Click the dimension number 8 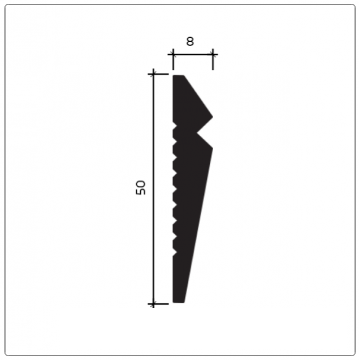click(x=190, y=42)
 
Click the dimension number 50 click(x=141, y=187)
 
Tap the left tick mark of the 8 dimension click(x=173, y=55)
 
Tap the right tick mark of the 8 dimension click(x=213, y=55)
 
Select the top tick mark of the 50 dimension click(x=154, y=74)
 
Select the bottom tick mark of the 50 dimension click(x=154, y=304)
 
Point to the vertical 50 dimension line click(x=154, y=189)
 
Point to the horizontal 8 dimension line click(x=193, y=55)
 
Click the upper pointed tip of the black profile click(x=212, y=117)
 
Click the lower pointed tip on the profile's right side click(x=212, y=148)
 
